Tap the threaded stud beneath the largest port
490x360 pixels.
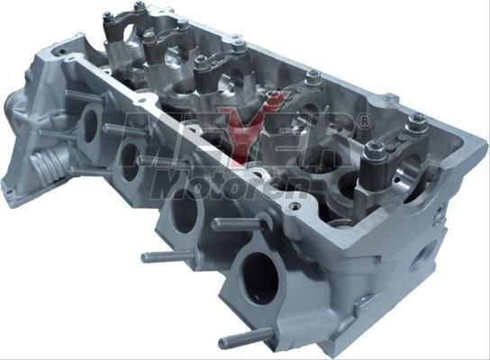pos(246,338)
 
